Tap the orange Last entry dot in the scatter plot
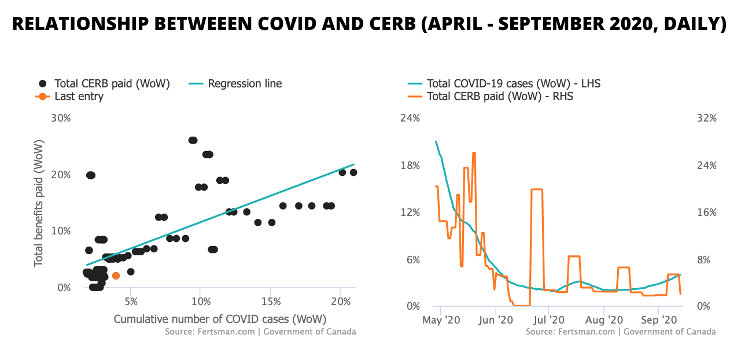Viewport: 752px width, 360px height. [x=116, y=276]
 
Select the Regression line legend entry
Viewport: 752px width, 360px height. [x=245, y=83]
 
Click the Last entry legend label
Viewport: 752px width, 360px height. [x=79, y=97]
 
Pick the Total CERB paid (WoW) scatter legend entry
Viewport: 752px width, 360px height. [x=112, y=83]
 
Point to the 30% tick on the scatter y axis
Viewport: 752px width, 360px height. [x=61, y=118]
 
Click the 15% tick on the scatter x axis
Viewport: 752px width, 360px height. [x=271, y=302]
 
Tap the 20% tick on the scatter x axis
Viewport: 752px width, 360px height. [x=341, y=302]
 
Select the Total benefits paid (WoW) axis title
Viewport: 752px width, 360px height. [x=39, y=203]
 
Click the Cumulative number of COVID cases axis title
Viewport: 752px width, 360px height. [x=220, y=319]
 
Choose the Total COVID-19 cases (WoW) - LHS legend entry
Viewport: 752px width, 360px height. [x=513, y=83]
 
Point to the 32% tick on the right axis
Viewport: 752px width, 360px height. [x=706, y=118]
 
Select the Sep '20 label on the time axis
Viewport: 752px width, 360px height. [x=658, y=319]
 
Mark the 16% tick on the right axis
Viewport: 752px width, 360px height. [x=706, y=212]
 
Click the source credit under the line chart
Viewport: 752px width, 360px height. [x=621, y=332]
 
